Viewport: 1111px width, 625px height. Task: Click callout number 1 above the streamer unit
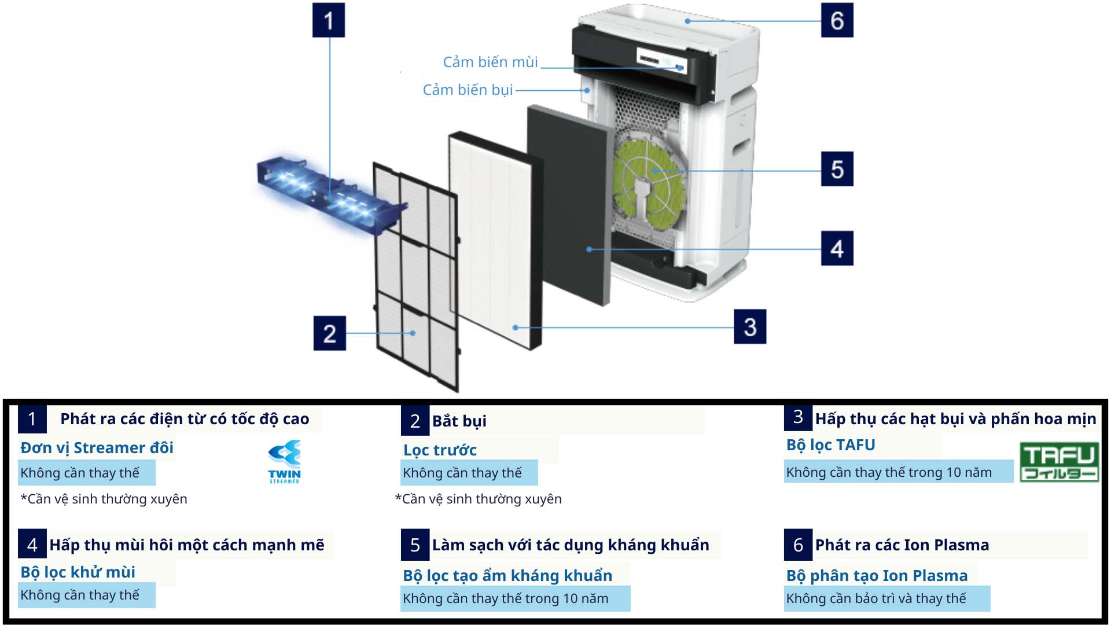pos(328,21)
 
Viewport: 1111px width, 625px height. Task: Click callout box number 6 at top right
pos(837,21)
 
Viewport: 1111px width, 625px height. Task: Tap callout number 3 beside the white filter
pos(749,327)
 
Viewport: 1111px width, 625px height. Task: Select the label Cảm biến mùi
pos(490,62)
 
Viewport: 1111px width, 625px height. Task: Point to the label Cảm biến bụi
pos(468,90)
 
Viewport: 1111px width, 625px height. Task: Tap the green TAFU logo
pos(1059,462)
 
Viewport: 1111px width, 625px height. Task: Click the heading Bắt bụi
pos(459,421)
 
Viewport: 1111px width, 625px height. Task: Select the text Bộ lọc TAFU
pos(830,445)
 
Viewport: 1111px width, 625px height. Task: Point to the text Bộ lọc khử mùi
pos(78,572)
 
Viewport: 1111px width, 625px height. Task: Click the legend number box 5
pos(415,545)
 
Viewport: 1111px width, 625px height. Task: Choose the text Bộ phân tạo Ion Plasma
pos(876,576)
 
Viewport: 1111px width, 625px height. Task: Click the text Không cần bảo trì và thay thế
pos(875,598)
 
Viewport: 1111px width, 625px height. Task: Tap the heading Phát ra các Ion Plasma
pos(902,545)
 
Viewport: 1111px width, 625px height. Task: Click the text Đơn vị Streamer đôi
pos(97,448)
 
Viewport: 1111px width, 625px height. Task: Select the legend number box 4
pos(32,545)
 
